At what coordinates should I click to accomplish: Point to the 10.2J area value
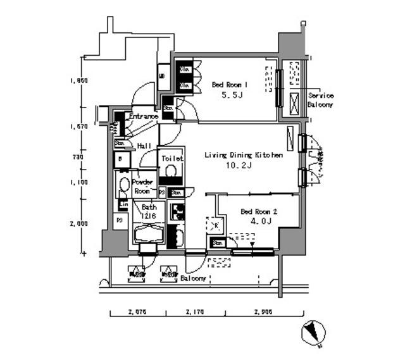(x=239, y=166)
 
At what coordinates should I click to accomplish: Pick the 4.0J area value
(x=258, y=221)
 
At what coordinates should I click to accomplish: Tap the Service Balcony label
(x=320, y=100)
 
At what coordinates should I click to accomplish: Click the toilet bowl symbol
(x=171, y=171)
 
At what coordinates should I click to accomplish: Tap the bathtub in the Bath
(x=149, y=237)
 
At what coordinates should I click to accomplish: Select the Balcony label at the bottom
(x=193, y=278)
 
